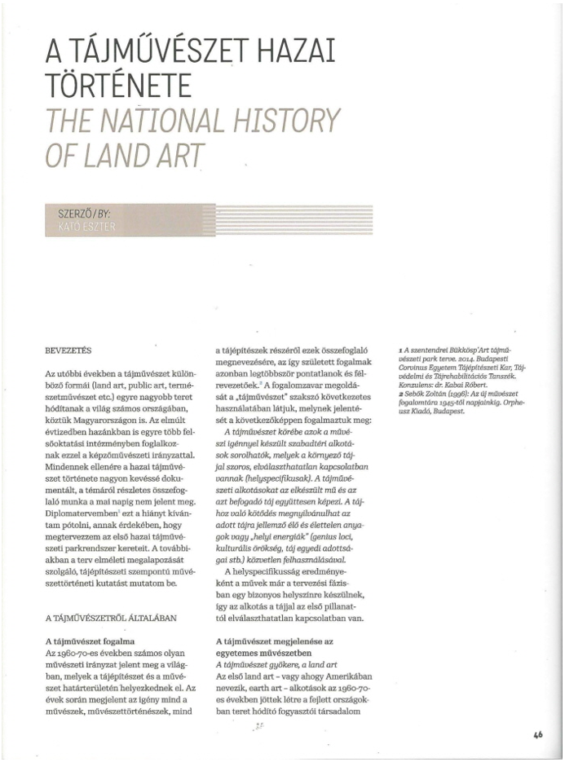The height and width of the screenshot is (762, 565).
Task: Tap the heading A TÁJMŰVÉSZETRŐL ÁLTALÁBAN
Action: (111, 617)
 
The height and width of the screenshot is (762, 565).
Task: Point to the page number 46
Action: (538, 734)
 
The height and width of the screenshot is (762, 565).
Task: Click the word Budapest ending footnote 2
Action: (448, 412)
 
